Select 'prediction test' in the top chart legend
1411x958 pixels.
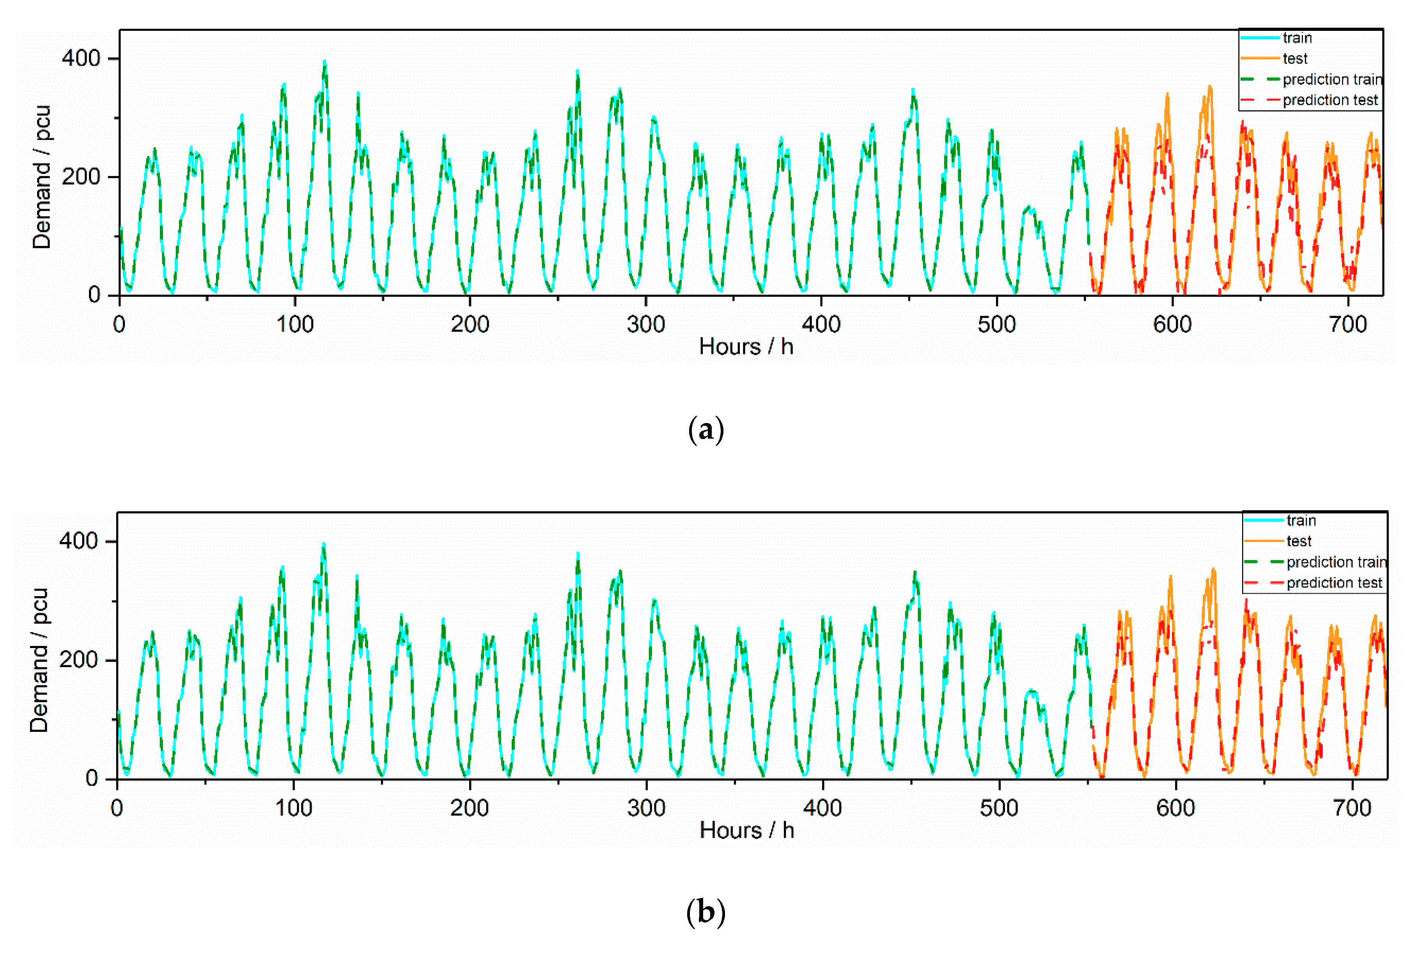1329,100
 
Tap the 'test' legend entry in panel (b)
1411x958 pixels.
1299,541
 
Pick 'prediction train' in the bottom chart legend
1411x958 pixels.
1336,562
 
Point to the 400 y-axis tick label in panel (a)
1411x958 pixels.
81,59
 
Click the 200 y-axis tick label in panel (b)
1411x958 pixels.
78,659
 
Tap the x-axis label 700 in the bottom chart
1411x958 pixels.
1352,808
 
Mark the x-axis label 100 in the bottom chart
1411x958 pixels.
294,808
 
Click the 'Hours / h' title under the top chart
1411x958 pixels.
746,347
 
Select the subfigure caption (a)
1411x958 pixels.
706,430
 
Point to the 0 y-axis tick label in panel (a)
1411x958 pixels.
94,295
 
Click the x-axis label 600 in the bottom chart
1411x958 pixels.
1175,808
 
